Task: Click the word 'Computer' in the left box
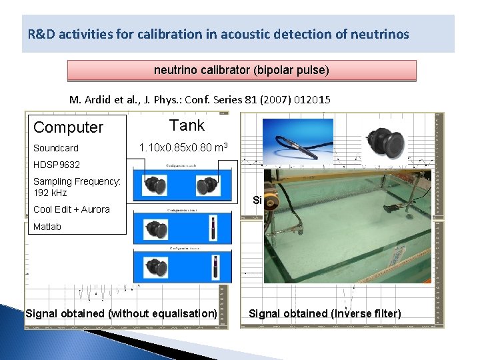[x=69, y=127]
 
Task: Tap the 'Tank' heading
[x=187, y=125]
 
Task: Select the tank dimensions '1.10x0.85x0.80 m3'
[x=183, y=147]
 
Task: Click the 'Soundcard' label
[x=56, y=148]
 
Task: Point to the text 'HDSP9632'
[x=57, y=165]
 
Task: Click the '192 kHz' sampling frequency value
[x=50, y=193]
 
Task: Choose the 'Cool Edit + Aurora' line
[x=71, y=209]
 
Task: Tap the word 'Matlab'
[x=47, y=227]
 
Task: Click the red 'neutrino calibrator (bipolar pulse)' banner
[x=241, y=70]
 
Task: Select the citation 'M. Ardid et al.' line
[x=200, y=99]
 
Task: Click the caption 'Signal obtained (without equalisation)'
[x=121, y=313]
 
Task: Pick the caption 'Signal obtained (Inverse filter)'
[x=325, y=313]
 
